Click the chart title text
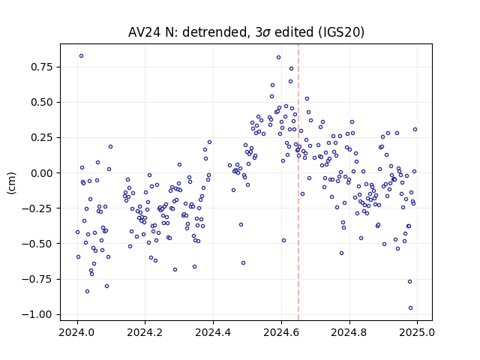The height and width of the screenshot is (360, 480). click(x=246, y=32)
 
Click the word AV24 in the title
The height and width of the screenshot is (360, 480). click(x=143, y=32)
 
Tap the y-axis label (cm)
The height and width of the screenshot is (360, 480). click(x=11, y=183)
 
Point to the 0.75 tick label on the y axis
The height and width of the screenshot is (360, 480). click(x=42, y=67)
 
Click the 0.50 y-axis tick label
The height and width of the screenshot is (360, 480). click(x=42, y=102)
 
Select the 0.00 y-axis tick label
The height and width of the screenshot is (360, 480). click(x=42, y=173)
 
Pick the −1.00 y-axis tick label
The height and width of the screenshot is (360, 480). click(x=37, y=314)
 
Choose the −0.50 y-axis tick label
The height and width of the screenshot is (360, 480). click(x=37, y=244)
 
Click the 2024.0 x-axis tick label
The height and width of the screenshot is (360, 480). click(x=77, y=332)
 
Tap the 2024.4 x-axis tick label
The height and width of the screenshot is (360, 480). click(x=213, y=332)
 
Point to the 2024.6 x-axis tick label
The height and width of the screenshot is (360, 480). click(x=281, y=332)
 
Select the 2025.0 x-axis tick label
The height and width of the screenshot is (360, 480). click(x=417, y=332)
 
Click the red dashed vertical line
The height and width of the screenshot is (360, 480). click(x=298, y=182)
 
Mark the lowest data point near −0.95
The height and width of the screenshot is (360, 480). click(x=410, y=308)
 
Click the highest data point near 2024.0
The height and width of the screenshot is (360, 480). click(x=81, y=56)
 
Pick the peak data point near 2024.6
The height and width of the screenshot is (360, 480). click(x=278, y=58)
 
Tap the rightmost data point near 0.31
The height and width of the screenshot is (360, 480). click(x=415, y=130)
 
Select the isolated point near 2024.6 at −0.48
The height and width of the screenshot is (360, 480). click(x=283, y=241)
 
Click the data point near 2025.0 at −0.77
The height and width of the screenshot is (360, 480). click(x=410, y=282)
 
